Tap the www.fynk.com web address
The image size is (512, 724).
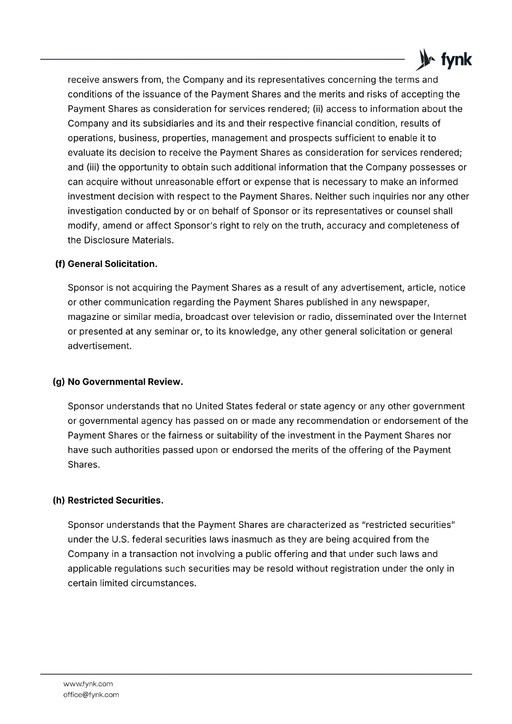pyautogui.click(x=88, y=684)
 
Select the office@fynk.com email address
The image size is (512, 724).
pyautogui.click(x=91, y=695)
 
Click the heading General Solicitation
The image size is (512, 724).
pyautogui.click(x=112, y=264)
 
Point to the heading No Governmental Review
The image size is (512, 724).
pyautogui.click(x=125, y=382)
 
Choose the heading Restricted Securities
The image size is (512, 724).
pyautogui.click(x=115, y=500)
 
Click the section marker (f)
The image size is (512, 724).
pyautogui.click(x=60, y=264)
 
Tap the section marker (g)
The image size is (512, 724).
pyautogui.click(x=59, y=382)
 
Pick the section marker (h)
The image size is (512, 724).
pyautogui.click(x=59, y=500)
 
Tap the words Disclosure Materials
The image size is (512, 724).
pyautogui.click(x=128, y=240)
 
